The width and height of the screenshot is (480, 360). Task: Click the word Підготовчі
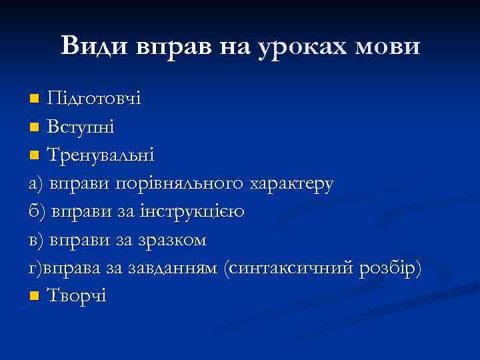[93, 100]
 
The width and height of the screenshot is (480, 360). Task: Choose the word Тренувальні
[101, 155]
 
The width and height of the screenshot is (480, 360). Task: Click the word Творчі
[76, 295]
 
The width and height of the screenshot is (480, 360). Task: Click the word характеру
[291, 184]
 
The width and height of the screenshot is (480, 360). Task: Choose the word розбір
[394, 267]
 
